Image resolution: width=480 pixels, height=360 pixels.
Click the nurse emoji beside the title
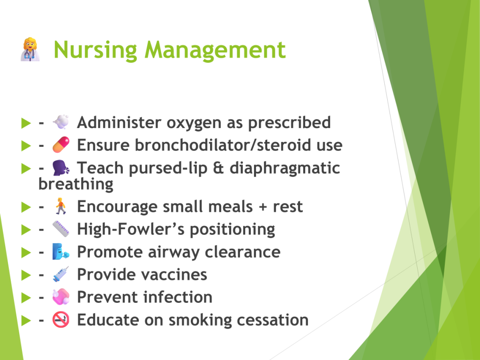pos(30,49)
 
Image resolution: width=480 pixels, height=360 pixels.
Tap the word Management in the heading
pos(215,50)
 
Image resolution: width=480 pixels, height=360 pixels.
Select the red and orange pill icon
pos(61,144)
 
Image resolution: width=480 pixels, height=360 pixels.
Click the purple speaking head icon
pos(61,168)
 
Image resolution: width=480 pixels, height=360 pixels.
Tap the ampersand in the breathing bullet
pos(218,168)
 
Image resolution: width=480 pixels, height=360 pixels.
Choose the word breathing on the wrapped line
pos(76,184)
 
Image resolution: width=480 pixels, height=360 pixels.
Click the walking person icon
pos(60,206)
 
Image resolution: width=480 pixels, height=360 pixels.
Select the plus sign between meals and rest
pos(262,207)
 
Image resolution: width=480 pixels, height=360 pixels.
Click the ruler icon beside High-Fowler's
pos(61,229)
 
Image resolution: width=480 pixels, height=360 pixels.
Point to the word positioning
pos(232,230)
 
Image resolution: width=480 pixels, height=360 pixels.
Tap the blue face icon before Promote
pos(61,252)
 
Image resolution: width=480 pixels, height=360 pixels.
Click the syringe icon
pos(60,274)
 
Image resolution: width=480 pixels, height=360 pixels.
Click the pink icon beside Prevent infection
pos(61,297)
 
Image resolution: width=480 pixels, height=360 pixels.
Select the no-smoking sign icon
pos(60,320)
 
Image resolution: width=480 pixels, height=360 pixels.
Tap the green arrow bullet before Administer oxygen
pos(26,123)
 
